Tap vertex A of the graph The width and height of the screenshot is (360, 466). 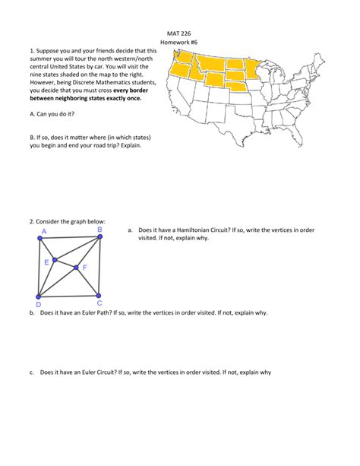point(39,239)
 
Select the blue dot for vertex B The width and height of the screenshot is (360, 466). point(99,238)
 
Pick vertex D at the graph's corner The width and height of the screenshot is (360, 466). point(39,296)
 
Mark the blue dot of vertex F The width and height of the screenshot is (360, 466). point(76,268)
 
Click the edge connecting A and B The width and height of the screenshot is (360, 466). point(69,238)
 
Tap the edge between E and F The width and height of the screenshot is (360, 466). point(65,264)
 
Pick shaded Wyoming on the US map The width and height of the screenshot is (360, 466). point(215,81)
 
